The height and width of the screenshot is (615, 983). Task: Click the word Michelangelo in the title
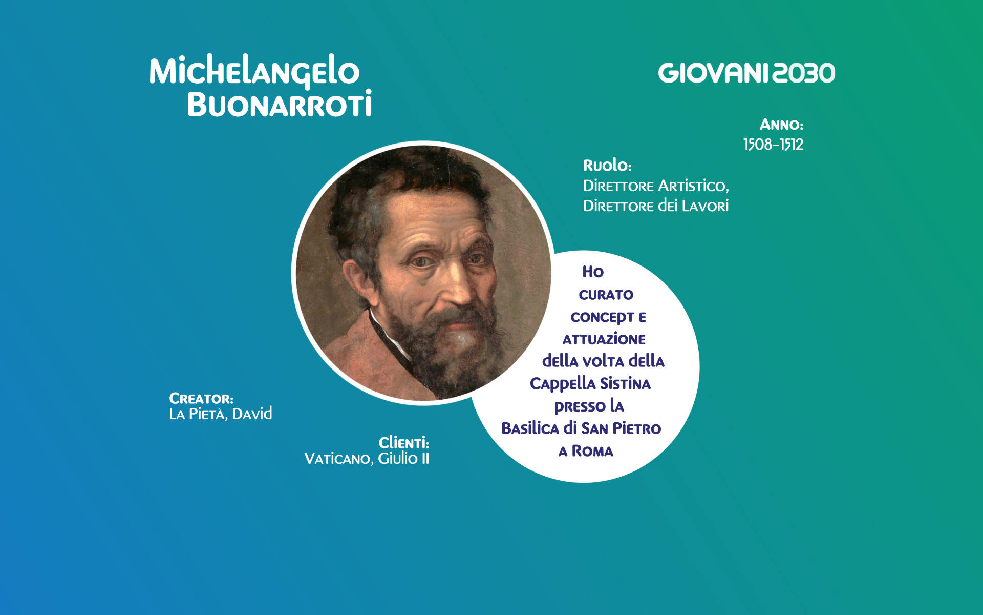point(254,71)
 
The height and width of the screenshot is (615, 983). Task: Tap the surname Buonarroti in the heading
point(279,105)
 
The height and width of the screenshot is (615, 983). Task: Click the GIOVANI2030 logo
point(746,73)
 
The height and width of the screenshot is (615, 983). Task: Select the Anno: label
point(781,125)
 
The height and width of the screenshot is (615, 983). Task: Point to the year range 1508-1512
point(773,145)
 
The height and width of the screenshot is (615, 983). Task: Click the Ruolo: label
point(607,166)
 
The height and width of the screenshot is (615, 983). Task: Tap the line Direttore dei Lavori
point(655,206)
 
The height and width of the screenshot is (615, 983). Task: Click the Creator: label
point(201,399)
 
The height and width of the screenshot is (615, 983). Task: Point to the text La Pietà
point(197,414)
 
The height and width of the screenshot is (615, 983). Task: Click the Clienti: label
point(403,443)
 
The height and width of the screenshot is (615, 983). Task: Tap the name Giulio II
point(403,458)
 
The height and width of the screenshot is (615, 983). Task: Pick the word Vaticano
point(337,459)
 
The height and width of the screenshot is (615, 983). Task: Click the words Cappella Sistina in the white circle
point(590,383)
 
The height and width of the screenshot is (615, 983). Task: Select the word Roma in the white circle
point(592,451)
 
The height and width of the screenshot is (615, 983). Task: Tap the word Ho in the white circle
point(593,272)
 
